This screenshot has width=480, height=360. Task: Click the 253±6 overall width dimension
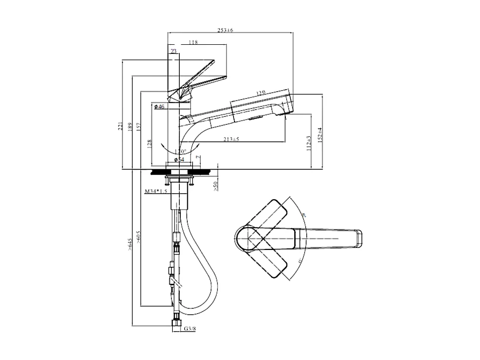(226, 30)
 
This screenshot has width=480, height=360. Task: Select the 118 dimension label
(194, 43)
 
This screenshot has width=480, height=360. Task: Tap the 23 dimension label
(173, 51)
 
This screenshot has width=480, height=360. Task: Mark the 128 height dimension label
(149, 144)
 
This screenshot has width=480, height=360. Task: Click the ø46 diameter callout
(159, 107)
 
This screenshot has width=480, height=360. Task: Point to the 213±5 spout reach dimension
(232, 139)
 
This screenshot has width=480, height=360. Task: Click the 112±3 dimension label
(309, 142)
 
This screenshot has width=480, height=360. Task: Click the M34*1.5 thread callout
(155, 191)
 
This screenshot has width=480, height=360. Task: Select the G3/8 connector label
(189, 329)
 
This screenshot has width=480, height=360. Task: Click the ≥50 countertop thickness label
(216, 186)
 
